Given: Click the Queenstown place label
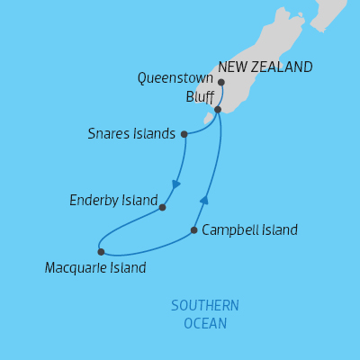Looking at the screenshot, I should (175, 78).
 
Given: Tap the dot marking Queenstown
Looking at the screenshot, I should (221, 83).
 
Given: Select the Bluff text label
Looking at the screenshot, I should (200, 95).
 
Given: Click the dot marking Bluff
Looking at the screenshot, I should (218, 109).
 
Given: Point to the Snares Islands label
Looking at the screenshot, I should (131, 134).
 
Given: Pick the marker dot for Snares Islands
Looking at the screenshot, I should (184, 134).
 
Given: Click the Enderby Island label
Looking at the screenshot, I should (113, 199).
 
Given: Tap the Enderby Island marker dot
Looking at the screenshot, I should (162, 207).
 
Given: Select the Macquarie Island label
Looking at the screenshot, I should (95, 267).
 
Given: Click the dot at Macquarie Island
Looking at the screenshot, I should (101, 252).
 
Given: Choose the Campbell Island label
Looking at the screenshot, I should (249, 230).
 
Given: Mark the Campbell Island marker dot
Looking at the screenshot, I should (194, 230).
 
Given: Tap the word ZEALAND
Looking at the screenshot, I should (283, 67).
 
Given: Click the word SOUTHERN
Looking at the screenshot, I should (205, 306).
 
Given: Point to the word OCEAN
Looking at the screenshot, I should (205, 323).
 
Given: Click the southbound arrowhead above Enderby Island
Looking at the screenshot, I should (176, 184).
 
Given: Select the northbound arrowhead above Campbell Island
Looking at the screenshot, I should (204, 201).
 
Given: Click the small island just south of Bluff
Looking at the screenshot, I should (208, 118).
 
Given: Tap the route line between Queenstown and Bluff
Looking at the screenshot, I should (221, 96).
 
